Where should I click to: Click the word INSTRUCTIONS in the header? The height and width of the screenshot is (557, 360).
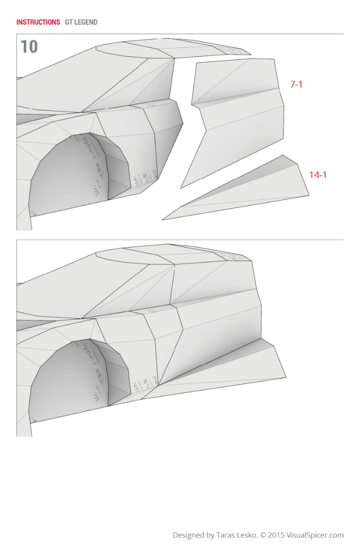coord(38,22)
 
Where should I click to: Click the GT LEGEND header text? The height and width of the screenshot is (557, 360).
coord(81,22)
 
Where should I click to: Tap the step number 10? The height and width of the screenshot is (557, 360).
coord(29,47)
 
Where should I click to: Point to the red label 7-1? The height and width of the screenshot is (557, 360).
coord(296,84)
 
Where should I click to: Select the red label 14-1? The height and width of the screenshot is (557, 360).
coord(318,175)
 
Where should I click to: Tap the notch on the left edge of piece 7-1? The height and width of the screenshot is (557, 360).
coord(193,106)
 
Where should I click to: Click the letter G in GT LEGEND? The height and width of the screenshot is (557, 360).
coord(67,22)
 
